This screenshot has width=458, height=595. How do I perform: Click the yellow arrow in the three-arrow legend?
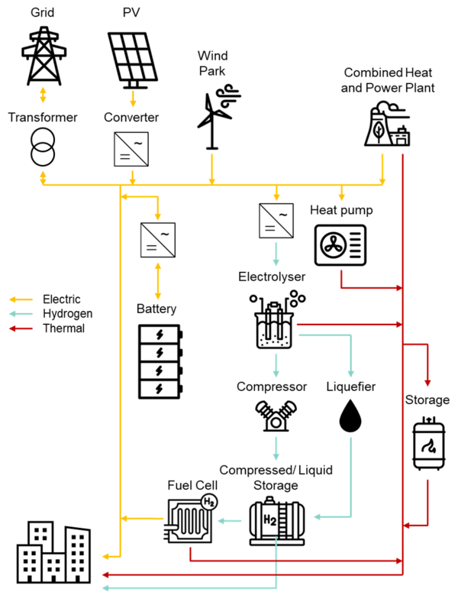[21, 299]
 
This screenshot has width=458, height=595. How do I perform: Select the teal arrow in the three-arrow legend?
[21, 314]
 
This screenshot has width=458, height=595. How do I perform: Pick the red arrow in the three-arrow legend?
[21, 328]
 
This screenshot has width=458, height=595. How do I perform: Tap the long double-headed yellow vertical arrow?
[158, 281]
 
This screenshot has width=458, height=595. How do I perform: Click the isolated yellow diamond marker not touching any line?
[43, 95]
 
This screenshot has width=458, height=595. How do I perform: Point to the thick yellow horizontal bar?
[229, 184]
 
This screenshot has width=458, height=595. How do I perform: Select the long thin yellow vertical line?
[120, 367]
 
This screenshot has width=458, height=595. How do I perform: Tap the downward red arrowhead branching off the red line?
[427, 383]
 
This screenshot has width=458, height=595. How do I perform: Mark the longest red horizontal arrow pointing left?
[252, 574]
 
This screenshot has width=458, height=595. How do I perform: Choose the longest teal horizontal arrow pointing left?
[191, 587]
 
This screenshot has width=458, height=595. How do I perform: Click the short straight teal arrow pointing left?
[229, 521]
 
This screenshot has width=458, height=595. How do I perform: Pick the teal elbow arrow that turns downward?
[336, 335]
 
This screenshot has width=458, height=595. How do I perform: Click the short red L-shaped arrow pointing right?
[366, 288]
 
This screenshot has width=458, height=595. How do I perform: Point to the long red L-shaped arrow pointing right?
[298, 561]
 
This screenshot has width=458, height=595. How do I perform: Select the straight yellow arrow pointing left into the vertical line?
[142, 519]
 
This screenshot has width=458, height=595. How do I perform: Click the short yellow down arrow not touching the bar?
[133, 99]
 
